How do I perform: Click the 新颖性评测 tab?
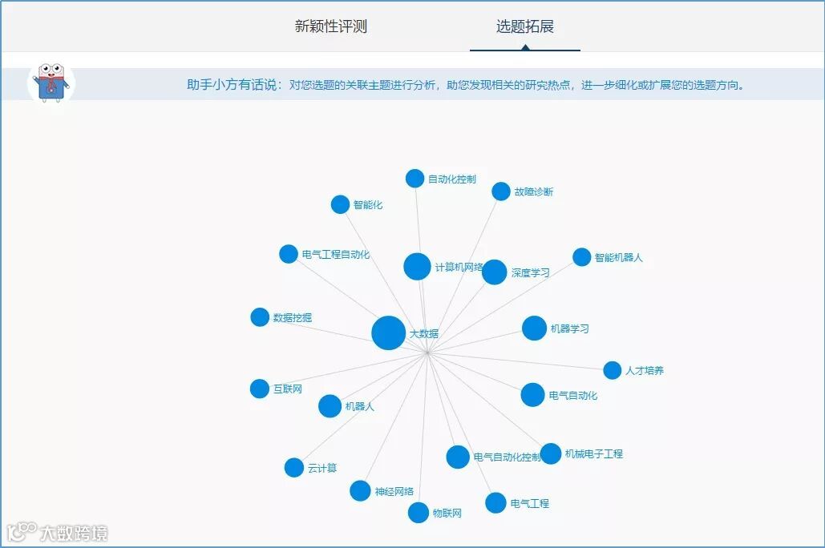(330, 26)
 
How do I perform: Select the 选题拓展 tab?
(524, 26)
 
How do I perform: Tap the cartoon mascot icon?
(51, 83)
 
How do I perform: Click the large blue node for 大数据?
(389, 332)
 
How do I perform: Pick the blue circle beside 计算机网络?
(417, 267)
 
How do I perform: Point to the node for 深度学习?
(495, 272)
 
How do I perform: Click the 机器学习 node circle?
(534, 328)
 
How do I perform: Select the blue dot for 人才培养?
(612, 370)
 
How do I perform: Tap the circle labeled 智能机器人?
(581, 257)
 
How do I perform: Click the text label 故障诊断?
(534, 192)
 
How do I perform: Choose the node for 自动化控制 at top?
(415, 179)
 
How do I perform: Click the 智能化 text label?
(368, 205)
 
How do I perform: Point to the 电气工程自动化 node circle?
(289, 254)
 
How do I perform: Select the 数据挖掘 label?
(293, 318)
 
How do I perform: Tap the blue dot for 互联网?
(260, 389)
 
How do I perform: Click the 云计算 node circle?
(294, 468)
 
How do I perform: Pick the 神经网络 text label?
(394, 492)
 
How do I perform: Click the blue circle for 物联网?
(419, 513)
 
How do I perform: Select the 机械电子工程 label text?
(594, 454)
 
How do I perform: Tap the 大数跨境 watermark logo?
(58, 532)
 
